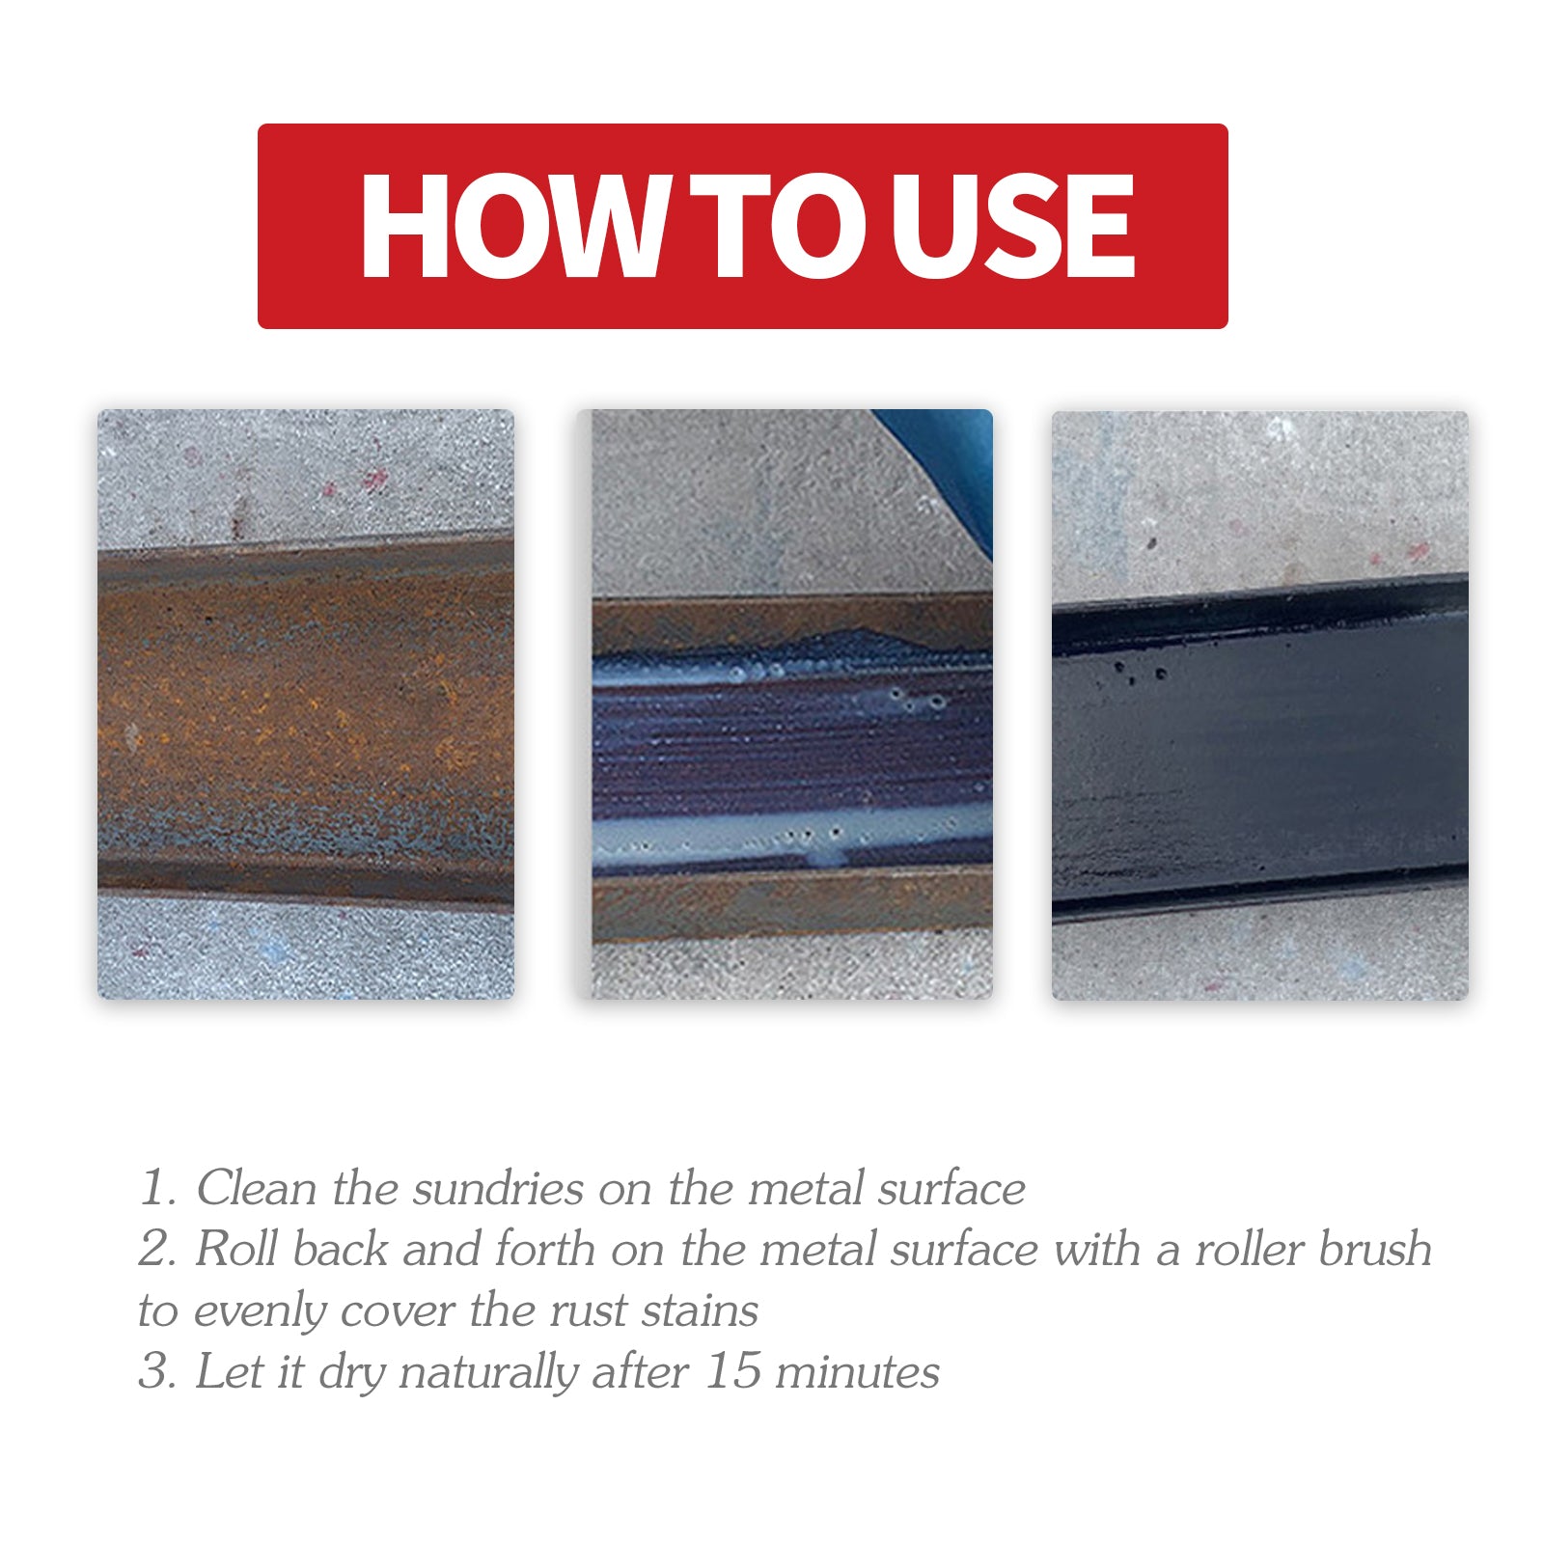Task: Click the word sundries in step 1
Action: [497, 1188]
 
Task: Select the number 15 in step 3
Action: [732, 1371]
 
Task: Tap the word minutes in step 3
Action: [857, 1371]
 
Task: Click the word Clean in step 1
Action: [256, 1188]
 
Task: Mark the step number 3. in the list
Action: [156, 1371]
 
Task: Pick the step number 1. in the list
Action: [156, 1188]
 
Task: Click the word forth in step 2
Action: [544, 1249]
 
